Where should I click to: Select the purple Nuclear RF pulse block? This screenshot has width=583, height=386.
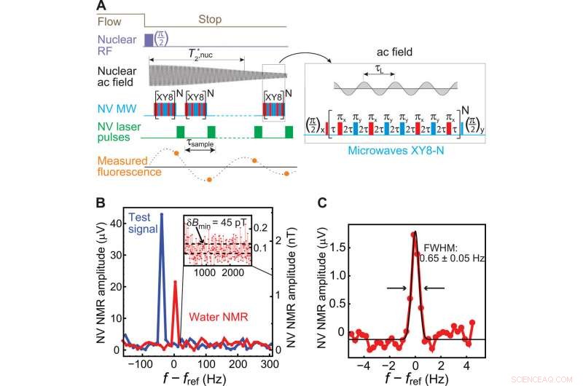149,39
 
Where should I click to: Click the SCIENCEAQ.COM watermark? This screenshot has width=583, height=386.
555,379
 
